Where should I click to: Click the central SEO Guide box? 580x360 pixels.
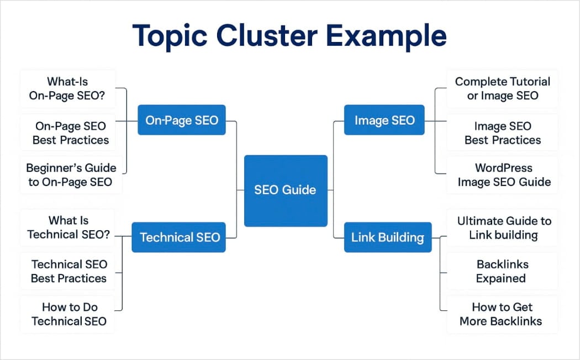(286, 190)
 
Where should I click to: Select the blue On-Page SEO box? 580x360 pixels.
(182, 120)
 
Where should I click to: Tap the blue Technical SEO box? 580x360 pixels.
(179, 237)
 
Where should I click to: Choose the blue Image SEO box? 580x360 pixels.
(384, 120)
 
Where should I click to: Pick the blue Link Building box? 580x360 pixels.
(387, 237)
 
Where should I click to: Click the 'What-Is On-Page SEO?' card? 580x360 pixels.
(68, 89)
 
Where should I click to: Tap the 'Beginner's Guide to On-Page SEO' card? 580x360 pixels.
(71, 175)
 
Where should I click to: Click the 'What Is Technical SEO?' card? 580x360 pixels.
(68, 227)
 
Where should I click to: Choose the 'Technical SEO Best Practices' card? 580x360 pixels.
(68, 271)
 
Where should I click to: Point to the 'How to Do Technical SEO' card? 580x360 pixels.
(68, 314)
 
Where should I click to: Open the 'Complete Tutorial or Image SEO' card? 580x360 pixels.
(502, 88)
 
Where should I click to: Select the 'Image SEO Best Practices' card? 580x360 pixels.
(502, 133)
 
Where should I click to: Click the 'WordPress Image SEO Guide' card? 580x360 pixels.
(503, 175)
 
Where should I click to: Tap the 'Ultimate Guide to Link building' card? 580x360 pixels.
(503, 227)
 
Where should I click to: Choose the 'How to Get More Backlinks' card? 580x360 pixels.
(501, 314)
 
